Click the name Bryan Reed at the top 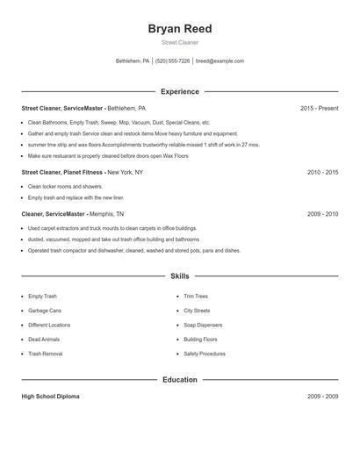(x=180, y=29)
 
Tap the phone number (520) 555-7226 (x=173, y=61)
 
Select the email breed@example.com (x=220, y=61)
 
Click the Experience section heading (x=180, y=91)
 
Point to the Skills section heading (x=180, y=276)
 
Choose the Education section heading (x=180, y=380)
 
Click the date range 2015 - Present (x=319, y=108)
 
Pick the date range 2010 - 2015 (x=322, y=173)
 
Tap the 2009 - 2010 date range (x=322, y=214)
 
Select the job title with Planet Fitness (x=82, y=173)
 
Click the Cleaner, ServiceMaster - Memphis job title (x=73, y=214)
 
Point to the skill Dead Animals (x=43, y=339)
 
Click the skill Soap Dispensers (x=202, y=325)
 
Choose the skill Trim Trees (x=196, y=297)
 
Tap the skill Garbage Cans (x=45, y=311)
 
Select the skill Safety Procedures (x=205, y=354)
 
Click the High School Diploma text (x=50, y=397)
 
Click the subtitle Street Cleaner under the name (x=180, y=42)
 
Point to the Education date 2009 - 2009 (x=322, y=397)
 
